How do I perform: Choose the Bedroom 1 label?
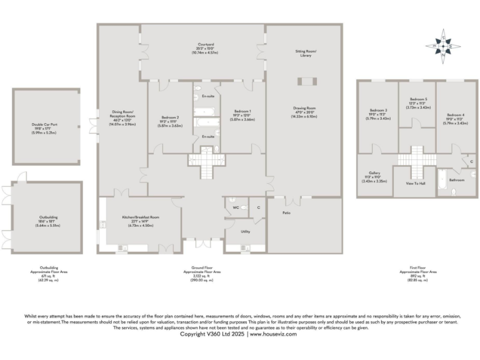coord(242,116)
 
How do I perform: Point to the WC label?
coord(236,207)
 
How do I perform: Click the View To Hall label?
coord(414,184)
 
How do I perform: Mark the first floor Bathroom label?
coord(457,180)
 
